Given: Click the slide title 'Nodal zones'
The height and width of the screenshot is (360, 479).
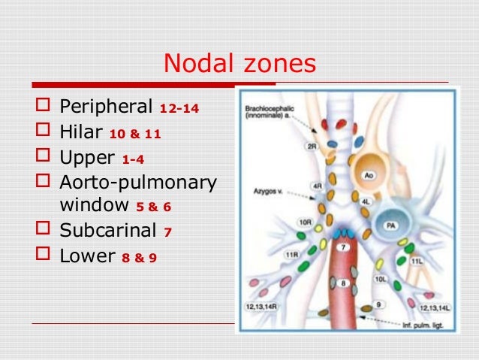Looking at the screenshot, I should [240, 65].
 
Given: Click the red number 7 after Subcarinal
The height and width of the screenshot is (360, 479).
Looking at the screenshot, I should [169, 231].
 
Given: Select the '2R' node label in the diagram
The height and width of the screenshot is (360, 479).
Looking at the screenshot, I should [311, 147].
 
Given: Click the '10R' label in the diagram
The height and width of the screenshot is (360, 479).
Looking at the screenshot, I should [305, 222].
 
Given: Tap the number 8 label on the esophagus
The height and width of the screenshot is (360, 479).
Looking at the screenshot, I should [342, 283].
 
